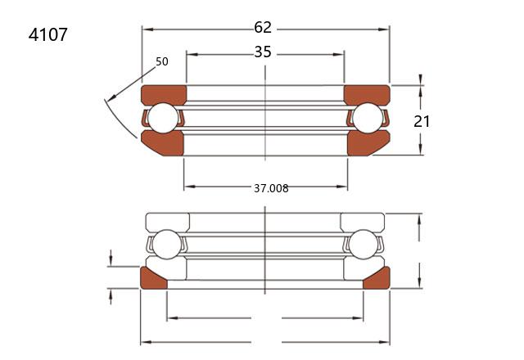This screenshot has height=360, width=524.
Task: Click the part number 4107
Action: point(47,34)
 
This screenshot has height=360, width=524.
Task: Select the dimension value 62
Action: point(263,27)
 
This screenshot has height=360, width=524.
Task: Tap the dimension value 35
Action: point(263,52)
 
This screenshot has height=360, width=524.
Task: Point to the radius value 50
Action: point(162,61)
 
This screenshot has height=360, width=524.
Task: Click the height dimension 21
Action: point(422,122)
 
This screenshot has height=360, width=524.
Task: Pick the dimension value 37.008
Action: point(271,188)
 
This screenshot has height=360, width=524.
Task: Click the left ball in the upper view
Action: point(163,118)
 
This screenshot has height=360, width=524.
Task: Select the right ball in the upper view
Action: point(368,118)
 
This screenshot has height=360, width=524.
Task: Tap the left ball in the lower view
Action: point(166,245)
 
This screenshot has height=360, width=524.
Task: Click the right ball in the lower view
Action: point(363,245)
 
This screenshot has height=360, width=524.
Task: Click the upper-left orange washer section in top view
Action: point(164,95)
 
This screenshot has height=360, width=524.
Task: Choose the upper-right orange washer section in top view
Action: point(367,95)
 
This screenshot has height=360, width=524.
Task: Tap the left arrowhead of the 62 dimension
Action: point(147,29)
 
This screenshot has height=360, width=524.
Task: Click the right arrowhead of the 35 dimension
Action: point(339,54)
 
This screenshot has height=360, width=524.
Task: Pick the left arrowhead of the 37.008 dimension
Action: point(189,187)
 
